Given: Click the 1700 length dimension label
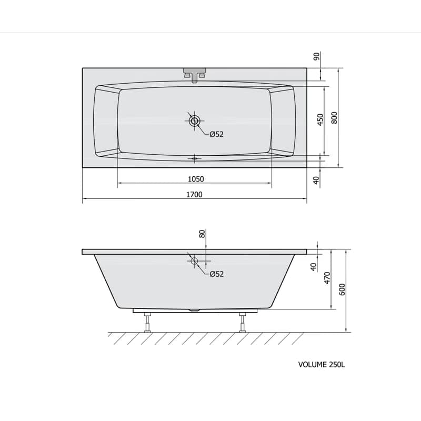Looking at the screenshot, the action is (194, 194).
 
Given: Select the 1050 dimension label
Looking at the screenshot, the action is (196, 179).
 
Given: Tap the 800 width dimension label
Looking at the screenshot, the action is (334, 117).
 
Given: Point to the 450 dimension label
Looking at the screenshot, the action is (320, 120).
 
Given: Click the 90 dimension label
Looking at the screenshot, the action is (317, 56).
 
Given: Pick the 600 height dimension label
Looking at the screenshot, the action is (342, 289).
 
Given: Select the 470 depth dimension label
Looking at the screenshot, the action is (327, 278).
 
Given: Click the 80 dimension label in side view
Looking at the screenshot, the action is (202, 234).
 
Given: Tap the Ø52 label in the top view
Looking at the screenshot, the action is (216, 134).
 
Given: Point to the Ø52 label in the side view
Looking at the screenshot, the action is (216, 274).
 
